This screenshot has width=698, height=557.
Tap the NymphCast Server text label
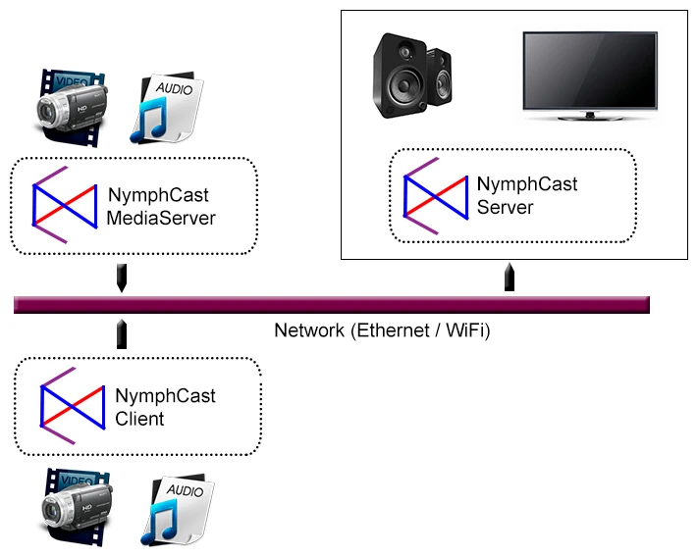(x=527, y=195)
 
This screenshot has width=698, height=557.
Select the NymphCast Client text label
(x=165, y=407)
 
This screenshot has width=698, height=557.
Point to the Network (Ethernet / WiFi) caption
(x=382, y=330)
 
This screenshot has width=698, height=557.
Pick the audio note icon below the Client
(x=177, y=510)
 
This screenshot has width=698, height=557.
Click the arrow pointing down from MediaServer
(x=121, y=278)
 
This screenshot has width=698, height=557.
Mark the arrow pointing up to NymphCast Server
(x=510, y=277)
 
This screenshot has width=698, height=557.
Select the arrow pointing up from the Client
(x=121, y=333)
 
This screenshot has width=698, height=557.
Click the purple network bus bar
(x=331, y=305)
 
